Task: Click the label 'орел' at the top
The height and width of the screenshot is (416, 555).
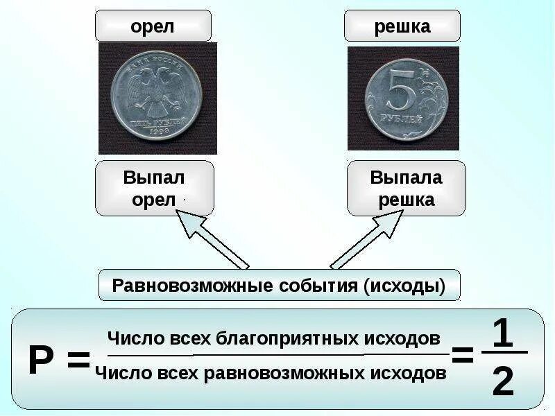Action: [153, 26]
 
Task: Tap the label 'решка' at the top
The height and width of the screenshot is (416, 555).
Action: [402, 26]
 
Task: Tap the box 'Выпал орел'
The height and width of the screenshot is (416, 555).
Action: [154, 189]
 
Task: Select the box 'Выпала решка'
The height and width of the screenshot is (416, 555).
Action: [406, 189]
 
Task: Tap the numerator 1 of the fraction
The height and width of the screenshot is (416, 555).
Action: [502, 333]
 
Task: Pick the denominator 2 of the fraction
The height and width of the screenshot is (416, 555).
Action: [503, 381]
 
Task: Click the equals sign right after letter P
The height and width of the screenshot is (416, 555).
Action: [78, 361]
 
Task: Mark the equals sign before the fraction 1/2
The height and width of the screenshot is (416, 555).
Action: [462, 356]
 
